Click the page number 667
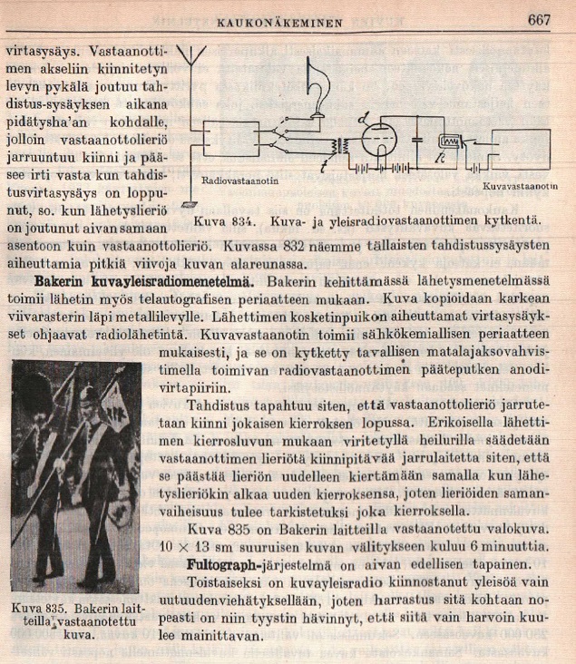539,20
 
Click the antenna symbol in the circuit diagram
190,60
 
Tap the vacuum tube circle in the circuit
379,141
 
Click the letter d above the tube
364,116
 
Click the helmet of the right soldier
88,396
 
